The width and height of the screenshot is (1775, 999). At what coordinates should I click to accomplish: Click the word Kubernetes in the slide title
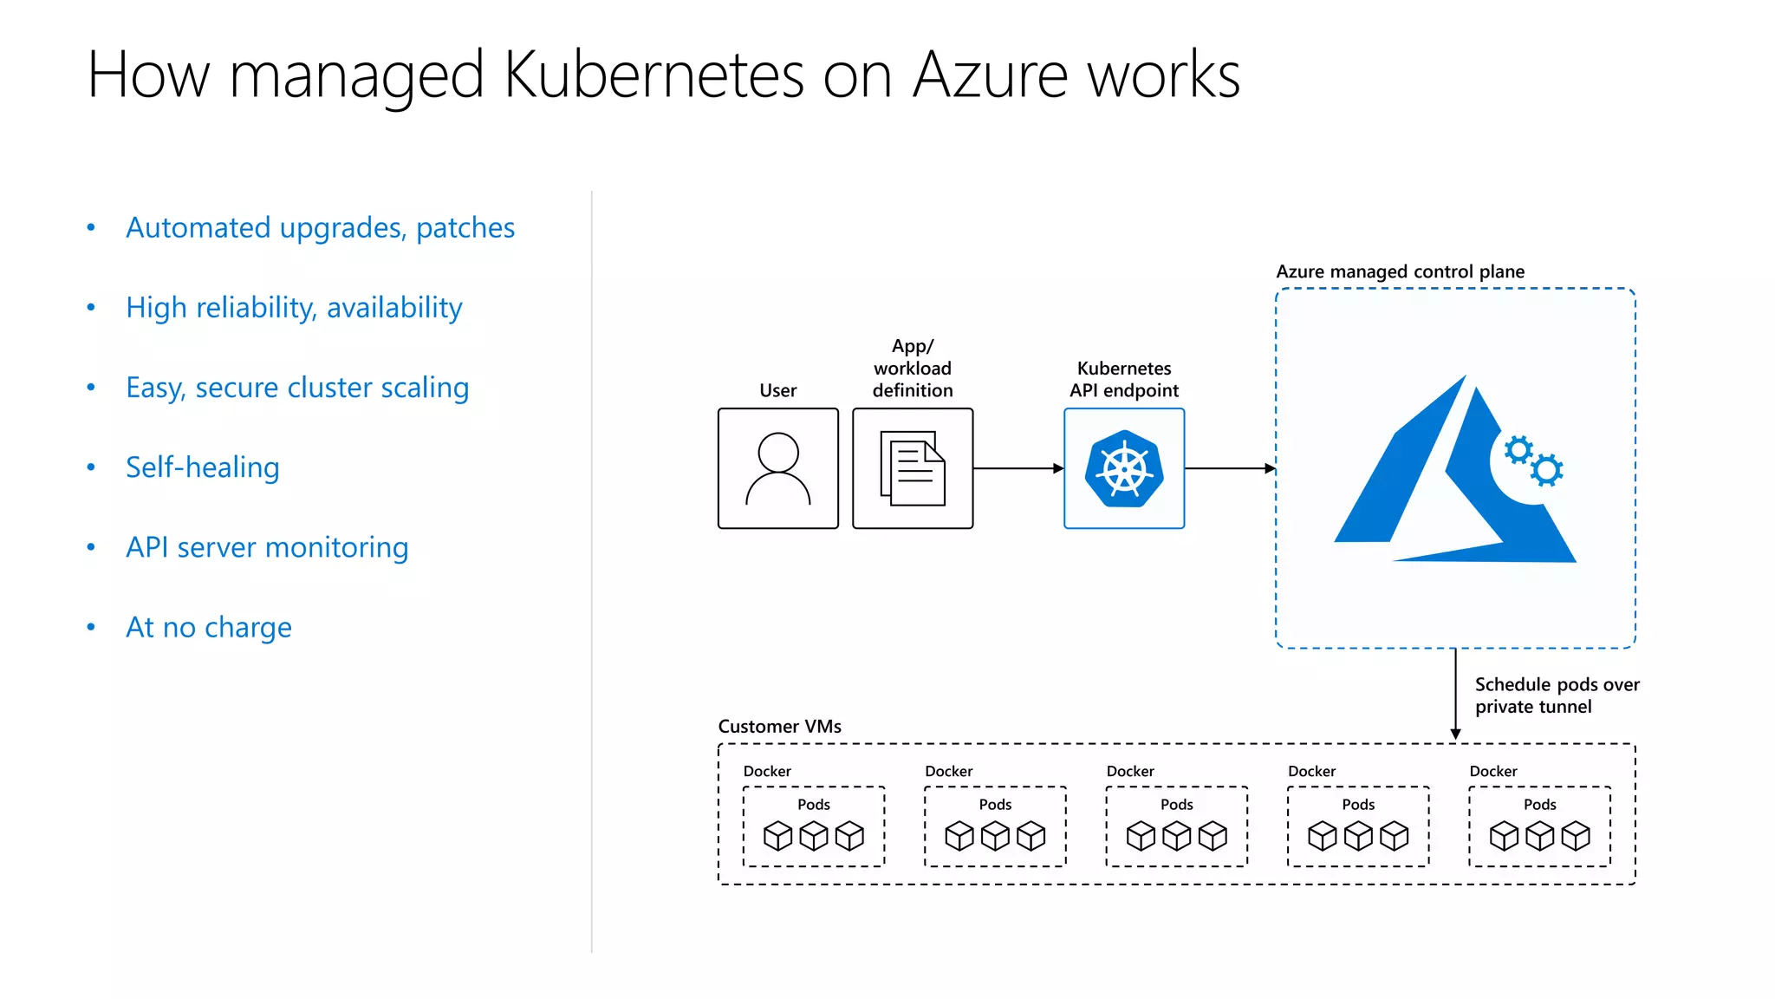click(x=654, y=75)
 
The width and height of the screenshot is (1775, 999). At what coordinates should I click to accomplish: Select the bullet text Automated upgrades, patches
click(x=320, y=227)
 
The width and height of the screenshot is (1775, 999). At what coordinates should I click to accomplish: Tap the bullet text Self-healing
click(x=202, y=467)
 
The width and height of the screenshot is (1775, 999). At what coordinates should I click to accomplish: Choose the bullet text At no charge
click(x=208, y=627)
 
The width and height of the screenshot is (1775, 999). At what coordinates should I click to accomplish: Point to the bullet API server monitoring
click(x=266, y=547)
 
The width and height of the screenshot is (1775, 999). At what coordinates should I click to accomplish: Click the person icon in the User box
click(x=777, y=468)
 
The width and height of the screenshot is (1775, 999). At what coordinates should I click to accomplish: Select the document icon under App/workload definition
click(x=912, y=468)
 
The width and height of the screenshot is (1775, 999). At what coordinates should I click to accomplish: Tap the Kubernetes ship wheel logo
click(x=1123, y=469)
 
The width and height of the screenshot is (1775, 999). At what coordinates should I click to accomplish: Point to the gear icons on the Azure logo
click(x=1533, y=460)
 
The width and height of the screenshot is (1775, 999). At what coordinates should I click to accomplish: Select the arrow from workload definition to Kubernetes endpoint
click(x=1018, y=468)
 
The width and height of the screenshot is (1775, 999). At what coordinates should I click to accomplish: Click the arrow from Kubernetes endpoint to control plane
click(x=1229, y=468)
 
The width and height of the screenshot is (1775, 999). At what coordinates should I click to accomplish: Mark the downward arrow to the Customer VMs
click(x=1455, y=694)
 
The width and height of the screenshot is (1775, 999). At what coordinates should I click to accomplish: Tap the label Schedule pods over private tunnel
click(x=1556, y=695)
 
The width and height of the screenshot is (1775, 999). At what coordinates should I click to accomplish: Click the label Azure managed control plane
click(x=1400, y=271)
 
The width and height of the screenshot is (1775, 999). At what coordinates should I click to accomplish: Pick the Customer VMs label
click(x=779, y=727)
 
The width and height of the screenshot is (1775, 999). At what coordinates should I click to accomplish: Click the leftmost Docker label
click(x=767, y=771)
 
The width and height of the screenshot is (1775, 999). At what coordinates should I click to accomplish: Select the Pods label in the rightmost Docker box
click(x=1539, y=805)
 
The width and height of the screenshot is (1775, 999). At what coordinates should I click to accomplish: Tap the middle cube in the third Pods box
click(x=1176, y=836)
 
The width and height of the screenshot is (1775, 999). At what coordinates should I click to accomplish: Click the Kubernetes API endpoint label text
click(x=1123, y=380)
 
